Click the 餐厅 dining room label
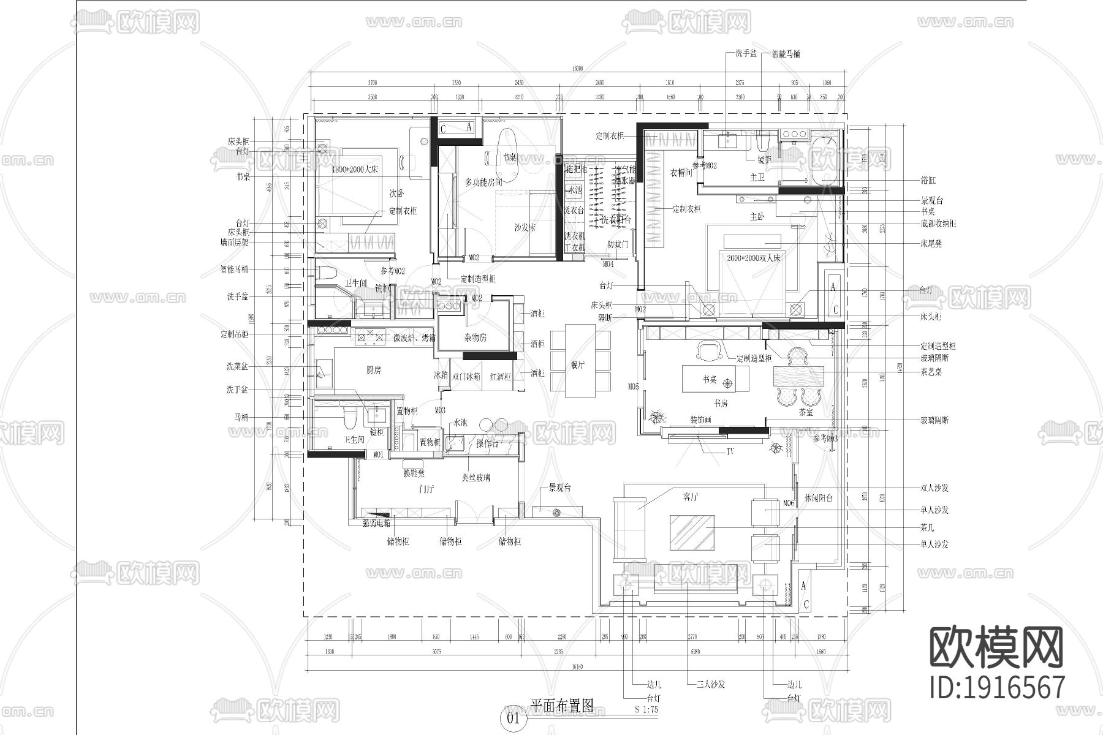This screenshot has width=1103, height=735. (x=578, y=365)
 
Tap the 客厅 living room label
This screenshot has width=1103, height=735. (x=690, y=497)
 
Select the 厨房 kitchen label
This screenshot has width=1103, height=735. (x=373, y=370)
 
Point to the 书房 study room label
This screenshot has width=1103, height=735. (x=720, y=404)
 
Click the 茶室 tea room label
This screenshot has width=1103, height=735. (x=806, y=412)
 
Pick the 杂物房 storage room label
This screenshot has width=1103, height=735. (x=476, y=337)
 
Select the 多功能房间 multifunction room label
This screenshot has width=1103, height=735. (x=483, y=182)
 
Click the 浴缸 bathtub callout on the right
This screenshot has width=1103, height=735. (x=928, y=181)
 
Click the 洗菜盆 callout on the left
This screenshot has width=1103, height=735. (x=237, y=366)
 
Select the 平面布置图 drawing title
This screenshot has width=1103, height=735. (x=562, y=705)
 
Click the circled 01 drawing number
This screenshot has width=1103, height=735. (x=513, y=717)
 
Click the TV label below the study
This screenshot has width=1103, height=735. (x=730, y=452)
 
